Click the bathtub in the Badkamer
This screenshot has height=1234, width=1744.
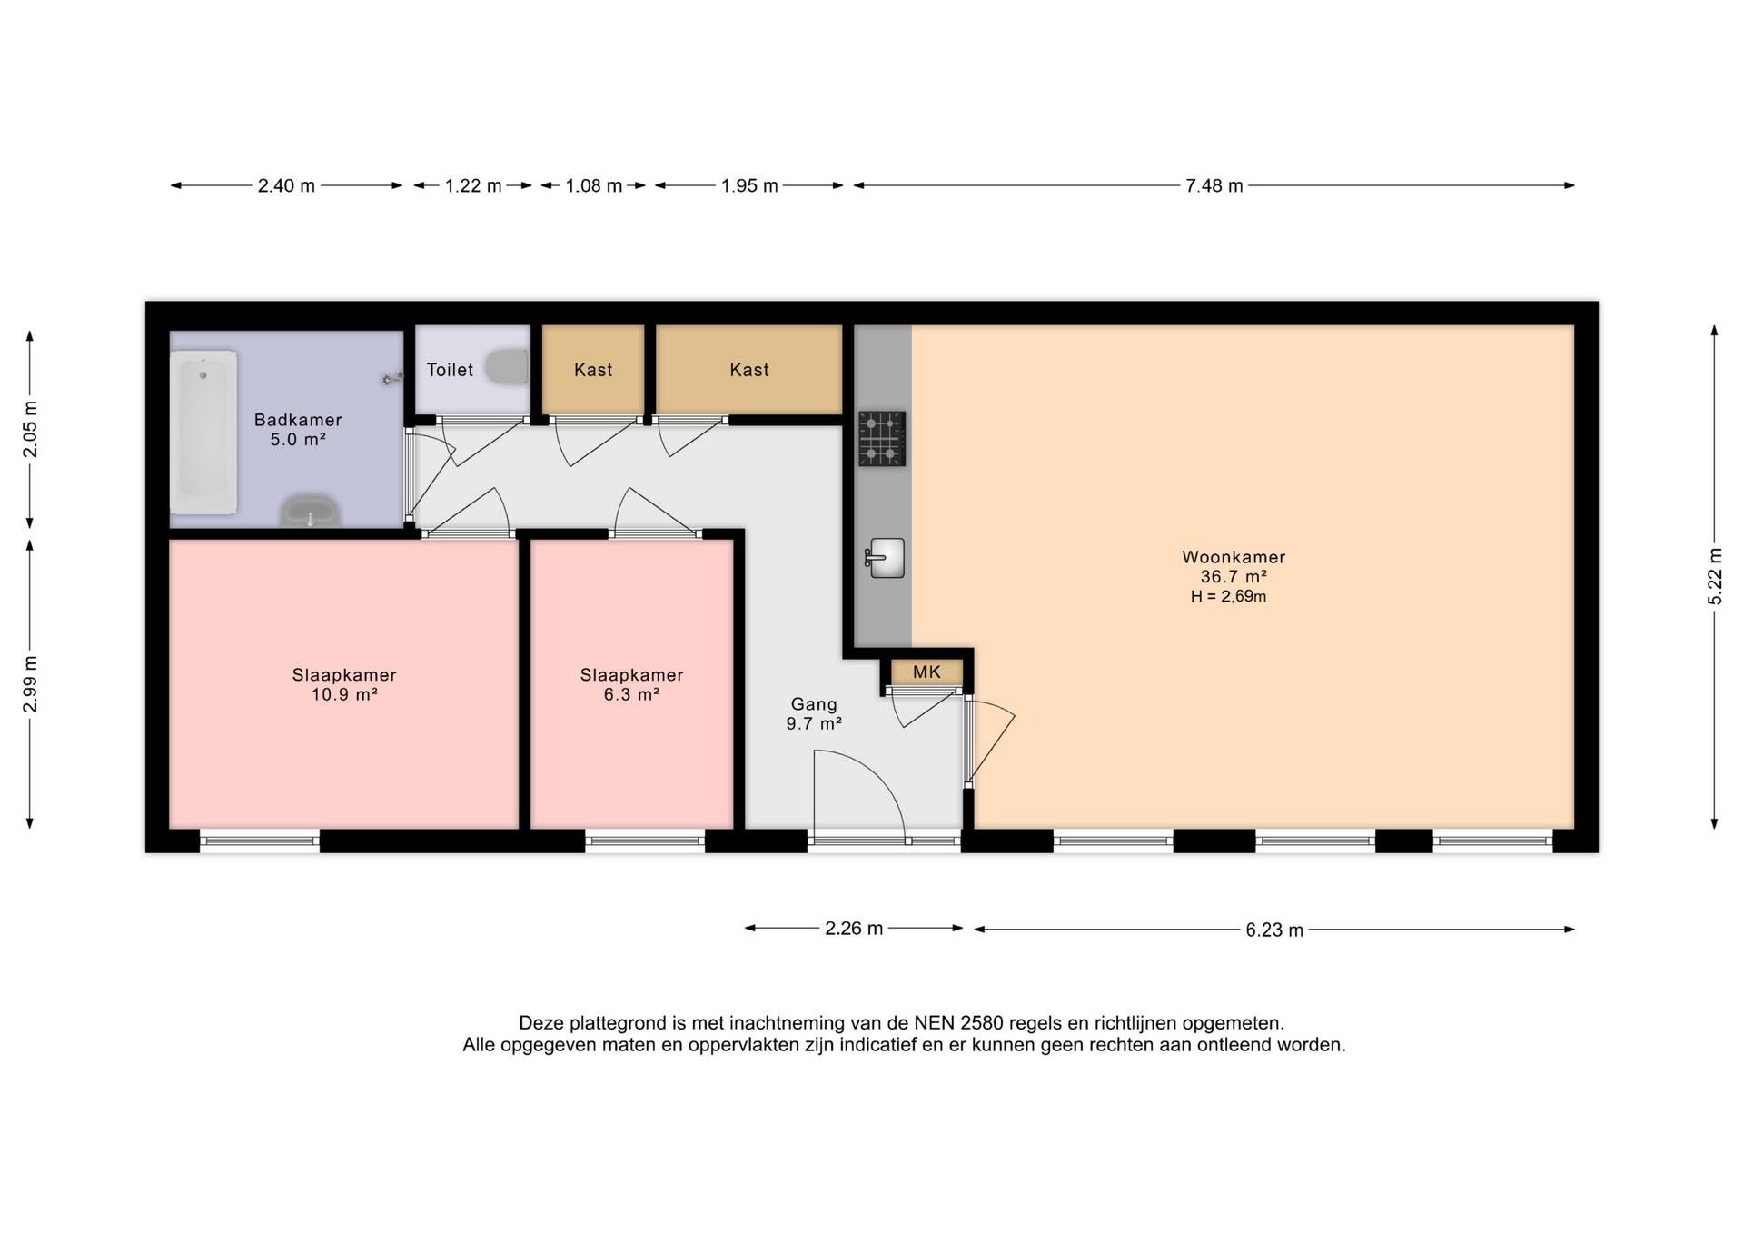click(x=203, y=433)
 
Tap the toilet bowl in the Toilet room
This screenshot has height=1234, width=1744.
click(x=508, y=367)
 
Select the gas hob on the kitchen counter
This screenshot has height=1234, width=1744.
click(x=882, y=439)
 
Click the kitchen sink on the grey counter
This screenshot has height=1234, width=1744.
click(x=885, y=558)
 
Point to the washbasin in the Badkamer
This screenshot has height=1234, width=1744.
click(x=311, y=512)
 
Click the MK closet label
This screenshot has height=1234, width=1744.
click(x=926, y=672)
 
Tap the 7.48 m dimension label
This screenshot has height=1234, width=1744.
click(x=1214, y=186)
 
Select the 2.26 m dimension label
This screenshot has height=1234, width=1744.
click(x=854, y=929)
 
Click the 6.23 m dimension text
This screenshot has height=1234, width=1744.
click(x=1274, y=930)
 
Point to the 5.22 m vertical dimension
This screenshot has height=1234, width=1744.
click(x=1715, y=576)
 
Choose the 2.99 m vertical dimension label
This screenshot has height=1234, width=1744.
click(x=30, y=684)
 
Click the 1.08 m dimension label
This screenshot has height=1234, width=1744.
click(x=594, y=186)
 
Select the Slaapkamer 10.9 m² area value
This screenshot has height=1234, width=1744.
click(x=344, y=694)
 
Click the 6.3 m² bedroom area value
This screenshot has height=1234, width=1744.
click(x=631, y=694)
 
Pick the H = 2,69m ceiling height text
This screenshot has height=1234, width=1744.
click(x=1228, y=597)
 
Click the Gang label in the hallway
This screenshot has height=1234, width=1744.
click(x=814, y=704)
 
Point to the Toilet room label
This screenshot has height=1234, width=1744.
click(x=450, y=370)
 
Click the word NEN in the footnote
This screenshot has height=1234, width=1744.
click(x=933, y=1023)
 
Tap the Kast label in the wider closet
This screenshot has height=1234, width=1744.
click(x=749, y=370)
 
